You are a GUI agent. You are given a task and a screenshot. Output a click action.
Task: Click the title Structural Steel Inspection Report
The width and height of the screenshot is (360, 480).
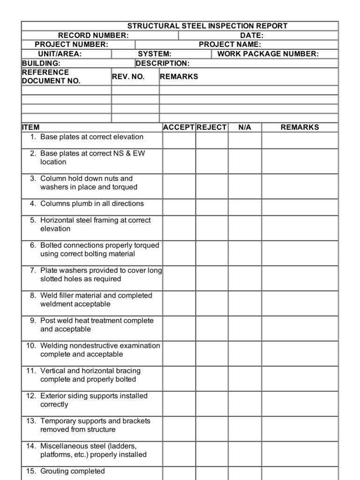(207, 26)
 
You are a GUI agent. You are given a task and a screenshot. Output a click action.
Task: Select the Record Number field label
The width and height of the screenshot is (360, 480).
(93, 35)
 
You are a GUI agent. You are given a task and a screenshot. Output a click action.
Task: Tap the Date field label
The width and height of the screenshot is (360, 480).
(252, 35)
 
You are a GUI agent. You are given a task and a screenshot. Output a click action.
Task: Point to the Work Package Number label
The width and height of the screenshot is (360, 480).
(268, 54)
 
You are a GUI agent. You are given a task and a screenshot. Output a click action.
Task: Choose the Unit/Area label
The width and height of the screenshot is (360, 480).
(60, 54)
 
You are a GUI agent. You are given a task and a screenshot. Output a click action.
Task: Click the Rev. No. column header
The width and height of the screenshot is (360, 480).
(128, 76)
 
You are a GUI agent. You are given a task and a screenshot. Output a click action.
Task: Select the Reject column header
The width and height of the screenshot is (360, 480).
(211, 127)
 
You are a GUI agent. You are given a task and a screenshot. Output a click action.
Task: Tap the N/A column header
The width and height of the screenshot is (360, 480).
(245, 127)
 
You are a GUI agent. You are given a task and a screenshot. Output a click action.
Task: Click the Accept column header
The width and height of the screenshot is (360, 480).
(179, 127)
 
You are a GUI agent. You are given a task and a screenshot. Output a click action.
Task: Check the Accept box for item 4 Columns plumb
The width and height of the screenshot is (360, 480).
(179, 207)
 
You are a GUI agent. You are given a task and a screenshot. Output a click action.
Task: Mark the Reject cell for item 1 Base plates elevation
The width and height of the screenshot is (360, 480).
(212, 140)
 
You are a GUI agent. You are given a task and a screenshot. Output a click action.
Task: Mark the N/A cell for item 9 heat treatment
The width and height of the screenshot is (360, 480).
(245, 328)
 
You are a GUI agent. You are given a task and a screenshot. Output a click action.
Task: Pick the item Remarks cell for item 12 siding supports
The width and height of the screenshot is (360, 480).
(300, 404)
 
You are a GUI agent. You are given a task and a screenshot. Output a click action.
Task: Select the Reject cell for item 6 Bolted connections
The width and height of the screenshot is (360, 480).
(212, 253)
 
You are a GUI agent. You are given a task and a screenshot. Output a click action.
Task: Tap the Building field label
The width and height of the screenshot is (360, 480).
(41, 63)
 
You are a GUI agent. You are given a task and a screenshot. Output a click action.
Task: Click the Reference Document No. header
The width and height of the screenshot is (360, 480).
(51, 76)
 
